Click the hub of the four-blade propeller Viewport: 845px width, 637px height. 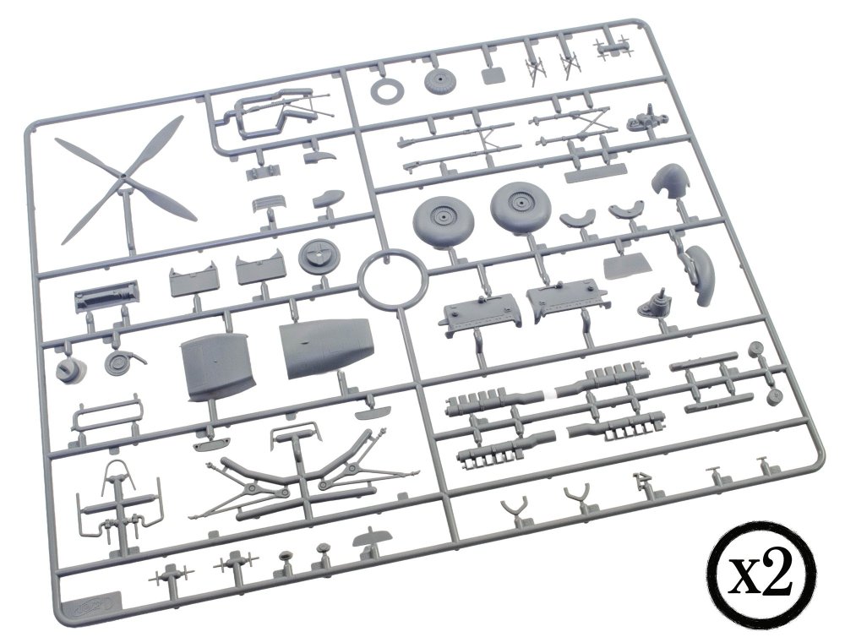click(x=123, y=177)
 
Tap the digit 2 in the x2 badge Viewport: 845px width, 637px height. click(x=780, y=575)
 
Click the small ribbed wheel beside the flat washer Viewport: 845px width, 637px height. click(x=440, y=82)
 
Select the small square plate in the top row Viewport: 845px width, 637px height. click(x=493, y=74)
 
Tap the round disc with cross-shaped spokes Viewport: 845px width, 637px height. click(x=319, y=256)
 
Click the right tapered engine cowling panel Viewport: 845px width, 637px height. click(x=324, y=348)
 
